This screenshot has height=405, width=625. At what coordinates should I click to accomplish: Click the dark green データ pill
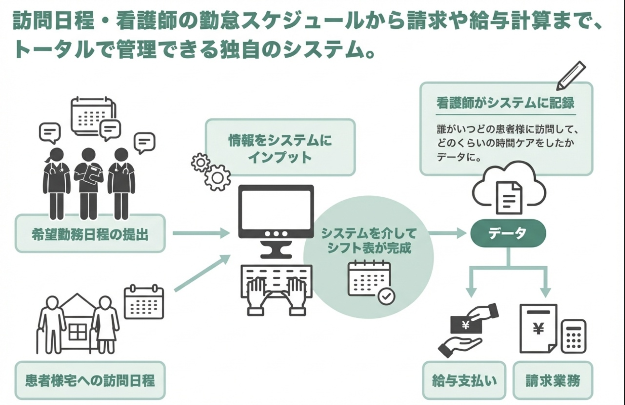tap(508, 233)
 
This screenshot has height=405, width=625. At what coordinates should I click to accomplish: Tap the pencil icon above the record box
tap(571, 76)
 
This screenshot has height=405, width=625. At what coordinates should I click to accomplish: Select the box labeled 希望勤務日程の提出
tap(90, 234)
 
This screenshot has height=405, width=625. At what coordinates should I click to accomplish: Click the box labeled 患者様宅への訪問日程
tap(90, 380)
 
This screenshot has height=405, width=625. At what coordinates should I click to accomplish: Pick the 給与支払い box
tap(464, 380)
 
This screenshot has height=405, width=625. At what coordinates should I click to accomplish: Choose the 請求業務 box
tap(553, 380)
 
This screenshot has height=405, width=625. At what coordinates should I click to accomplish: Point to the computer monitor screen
tap(276, 208)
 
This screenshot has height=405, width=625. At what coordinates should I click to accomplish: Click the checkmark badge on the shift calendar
tap(386, 296)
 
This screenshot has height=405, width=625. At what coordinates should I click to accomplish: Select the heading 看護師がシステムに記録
tap(505, 103)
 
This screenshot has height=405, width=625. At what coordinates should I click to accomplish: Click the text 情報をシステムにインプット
tap(280, 148)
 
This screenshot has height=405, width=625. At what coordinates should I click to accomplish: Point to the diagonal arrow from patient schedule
tap(202, 273)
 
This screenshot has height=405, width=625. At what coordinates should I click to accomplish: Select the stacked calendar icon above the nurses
tap(93, 116)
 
